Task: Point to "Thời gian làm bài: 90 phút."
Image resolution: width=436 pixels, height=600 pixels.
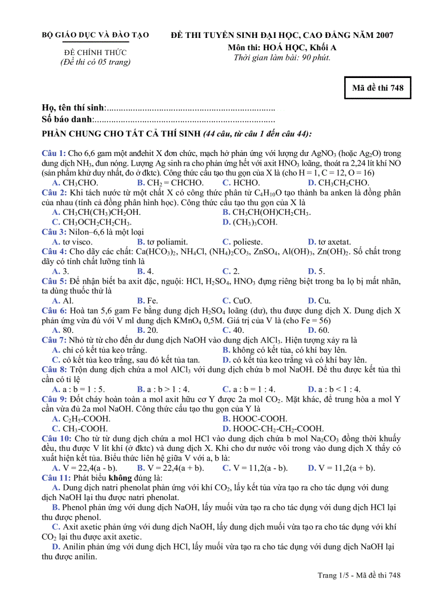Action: point(282,58)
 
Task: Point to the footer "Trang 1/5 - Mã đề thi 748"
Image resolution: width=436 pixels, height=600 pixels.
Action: point(359,575)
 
